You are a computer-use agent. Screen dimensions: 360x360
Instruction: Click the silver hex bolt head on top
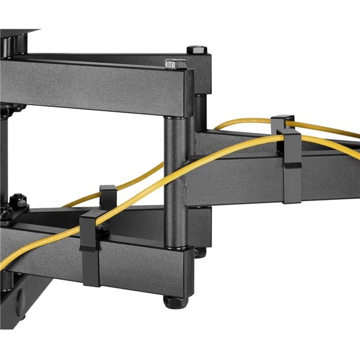tap(176, 63)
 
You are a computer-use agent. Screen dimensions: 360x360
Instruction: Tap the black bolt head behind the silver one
tap(197, 50)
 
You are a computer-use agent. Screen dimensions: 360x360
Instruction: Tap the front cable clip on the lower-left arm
tap(91, 249)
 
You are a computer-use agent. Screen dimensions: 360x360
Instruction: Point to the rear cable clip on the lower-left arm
tap(107, 195)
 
